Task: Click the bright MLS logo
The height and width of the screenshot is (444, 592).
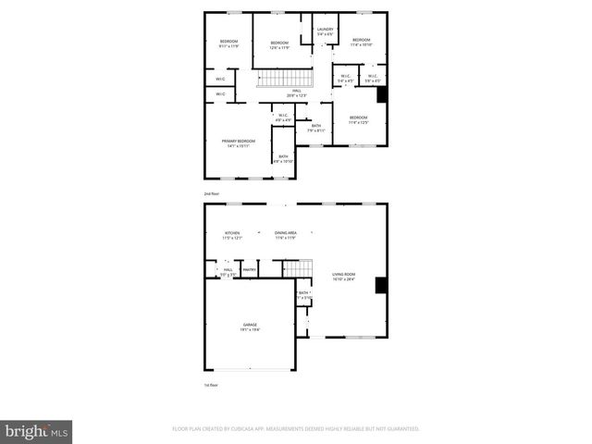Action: click(x=37, y=430)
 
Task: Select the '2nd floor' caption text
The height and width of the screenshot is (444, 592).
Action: click(x=213, y=193)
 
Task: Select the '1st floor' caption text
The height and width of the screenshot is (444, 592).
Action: click(x=212, y=385)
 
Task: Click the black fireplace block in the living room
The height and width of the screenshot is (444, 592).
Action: click(x=379, y=285)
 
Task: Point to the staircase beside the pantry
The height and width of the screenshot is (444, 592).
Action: click(x=292, y=268)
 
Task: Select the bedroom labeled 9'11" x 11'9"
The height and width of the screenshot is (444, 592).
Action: click(x=228, y=43)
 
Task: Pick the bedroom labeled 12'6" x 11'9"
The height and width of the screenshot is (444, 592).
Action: click(x=279, y=44)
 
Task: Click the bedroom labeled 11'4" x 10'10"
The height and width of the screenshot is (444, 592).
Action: click(x=360, y=43)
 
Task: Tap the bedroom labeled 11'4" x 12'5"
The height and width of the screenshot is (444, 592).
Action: click(x=358, y=120)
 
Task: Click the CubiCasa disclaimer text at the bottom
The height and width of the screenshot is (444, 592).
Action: click(x=296, y=429)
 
